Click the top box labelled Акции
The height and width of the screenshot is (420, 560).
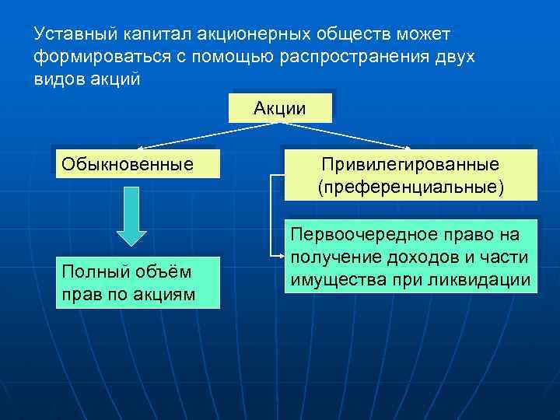pos(280,107)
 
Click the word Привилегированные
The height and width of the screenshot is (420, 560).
pos(411,165)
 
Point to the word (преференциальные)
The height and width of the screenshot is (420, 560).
pos(411,187)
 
